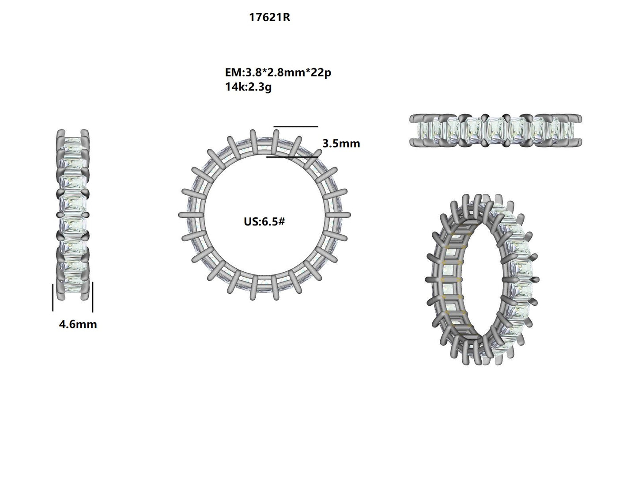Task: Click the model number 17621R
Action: (269, 18)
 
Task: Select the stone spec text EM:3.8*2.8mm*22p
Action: (278, 72)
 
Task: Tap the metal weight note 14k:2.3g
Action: (248, 87)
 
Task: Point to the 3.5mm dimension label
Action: (341, 144)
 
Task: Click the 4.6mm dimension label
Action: (78, 324)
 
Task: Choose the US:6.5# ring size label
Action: (264, 221)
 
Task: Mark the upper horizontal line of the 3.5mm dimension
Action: (295, 127)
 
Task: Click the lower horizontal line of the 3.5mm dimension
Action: (292, 156)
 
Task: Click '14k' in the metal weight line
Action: (233, 87)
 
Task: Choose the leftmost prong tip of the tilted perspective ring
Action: (428, 279)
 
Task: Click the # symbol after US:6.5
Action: (281, 221)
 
